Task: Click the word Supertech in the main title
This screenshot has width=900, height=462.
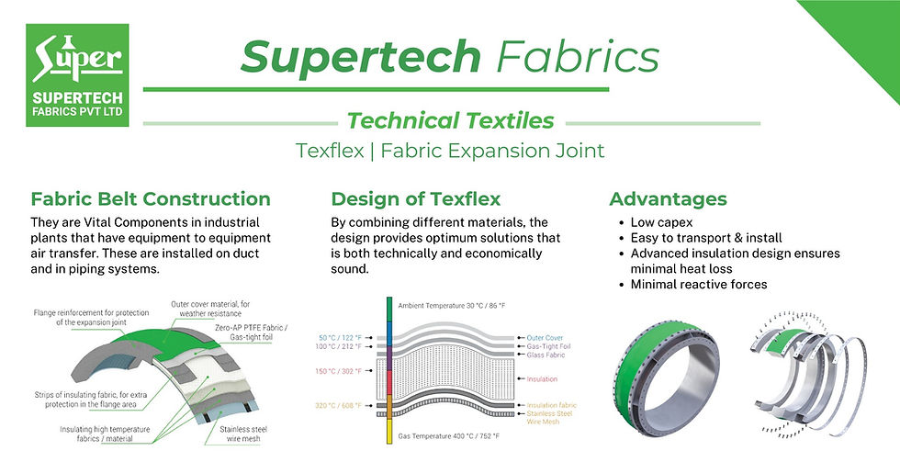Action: click(361, 57)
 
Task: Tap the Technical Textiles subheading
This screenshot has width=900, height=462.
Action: click(449, 119)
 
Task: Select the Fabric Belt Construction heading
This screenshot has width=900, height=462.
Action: click(151, 199)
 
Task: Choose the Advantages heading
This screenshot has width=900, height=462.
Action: click(668, 199)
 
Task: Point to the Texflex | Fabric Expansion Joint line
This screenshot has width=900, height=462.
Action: click(449, 151)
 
